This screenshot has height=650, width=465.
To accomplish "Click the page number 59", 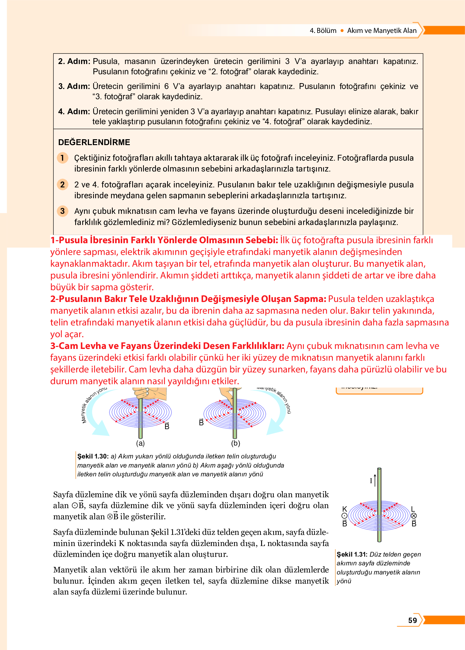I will (x=412, y=620).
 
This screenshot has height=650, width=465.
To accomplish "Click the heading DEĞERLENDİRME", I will (x=94, y=142).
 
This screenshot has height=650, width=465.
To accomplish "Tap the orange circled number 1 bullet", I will (x=62, y=158).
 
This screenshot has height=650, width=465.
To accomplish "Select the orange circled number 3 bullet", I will (x=62, y=211).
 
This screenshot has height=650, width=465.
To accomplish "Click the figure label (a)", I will (x=140, y=443).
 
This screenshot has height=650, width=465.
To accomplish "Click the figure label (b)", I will (x=236, y=443).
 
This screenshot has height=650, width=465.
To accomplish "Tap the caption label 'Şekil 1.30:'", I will (x=93, y=456).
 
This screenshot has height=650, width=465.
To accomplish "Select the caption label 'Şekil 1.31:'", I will (x=352, y=554).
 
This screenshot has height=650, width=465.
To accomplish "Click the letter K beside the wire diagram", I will (x=345, y=509).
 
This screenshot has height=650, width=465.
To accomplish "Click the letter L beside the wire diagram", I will (x=413, y=509).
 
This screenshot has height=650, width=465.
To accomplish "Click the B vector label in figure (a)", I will (x=167, y=426).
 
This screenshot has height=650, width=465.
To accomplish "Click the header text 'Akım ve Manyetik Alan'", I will (x=382, y=31).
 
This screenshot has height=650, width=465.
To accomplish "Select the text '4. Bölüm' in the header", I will (x=323, y=31).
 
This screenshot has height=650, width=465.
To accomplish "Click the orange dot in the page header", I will (x=342, y=31).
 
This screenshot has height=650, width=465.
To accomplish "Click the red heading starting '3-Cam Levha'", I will (x=167, y=346).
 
